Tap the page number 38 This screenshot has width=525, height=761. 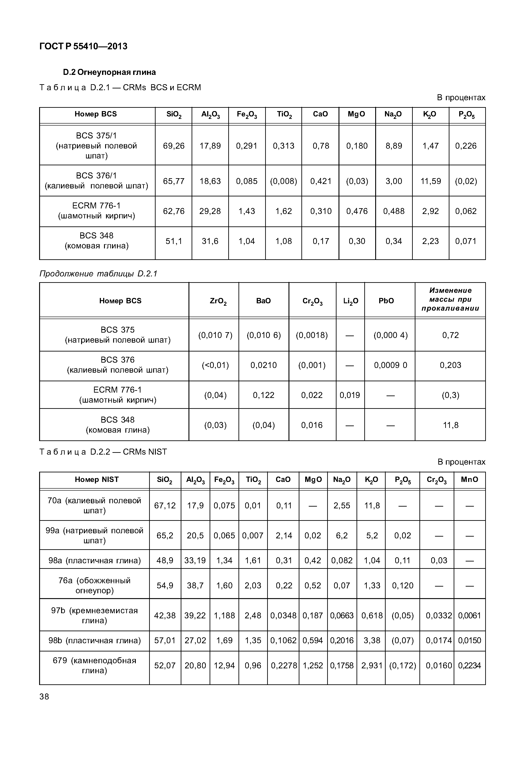(x=44, y=697)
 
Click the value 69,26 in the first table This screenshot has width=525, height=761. (x=174, y=146)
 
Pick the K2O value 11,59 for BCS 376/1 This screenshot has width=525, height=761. (x=430, y=181)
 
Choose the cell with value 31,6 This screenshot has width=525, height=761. (x=210, y=241)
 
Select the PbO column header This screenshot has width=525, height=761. (x=386, y=301)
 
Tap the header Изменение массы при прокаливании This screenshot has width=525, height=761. (x=450, y=299)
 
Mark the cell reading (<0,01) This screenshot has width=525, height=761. (x=215, y=365)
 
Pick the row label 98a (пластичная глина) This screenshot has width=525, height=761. (x=94, y=560)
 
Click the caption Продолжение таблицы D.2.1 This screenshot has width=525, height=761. (x=98, y=274)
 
